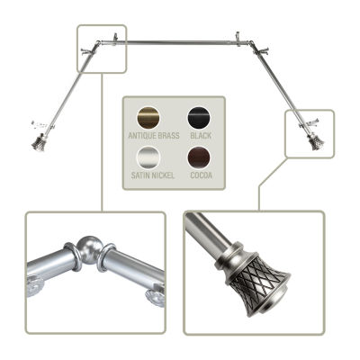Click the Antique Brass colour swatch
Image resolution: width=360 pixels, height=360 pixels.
point(148,118)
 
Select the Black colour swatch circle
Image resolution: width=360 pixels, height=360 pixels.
point(199,118)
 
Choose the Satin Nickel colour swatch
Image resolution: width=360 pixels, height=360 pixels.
point(148,157)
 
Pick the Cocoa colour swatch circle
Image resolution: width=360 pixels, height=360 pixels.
point(199,157)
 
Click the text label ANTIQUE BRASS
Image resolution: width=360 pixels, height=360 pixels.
point(154,136)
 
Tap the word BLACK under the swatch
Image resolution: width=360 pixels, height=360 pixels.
point(201,136)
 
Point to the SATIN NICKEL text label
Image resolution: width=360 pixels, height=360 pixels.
point(153,175)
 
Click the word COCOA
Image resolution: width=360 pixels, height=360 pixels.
point(201,175)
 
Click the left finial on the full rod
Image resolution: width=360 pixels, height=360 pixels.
point(39,143)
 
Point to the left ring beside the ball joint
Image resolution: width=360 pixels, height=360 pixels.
point(72,256)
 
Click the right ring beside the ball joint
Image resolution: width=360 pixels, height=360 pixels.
point(106,257)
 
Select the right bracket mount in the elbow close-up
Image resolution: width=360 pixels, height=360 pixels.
point(156,295)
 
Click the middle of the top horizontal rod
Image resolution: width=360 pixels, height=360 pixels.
point(183,43)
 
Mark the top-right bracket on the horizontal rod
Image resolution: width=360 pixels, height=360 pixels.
point(238,39)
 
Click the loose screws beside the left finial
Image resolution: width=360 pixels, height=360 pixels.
point(40,124)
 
